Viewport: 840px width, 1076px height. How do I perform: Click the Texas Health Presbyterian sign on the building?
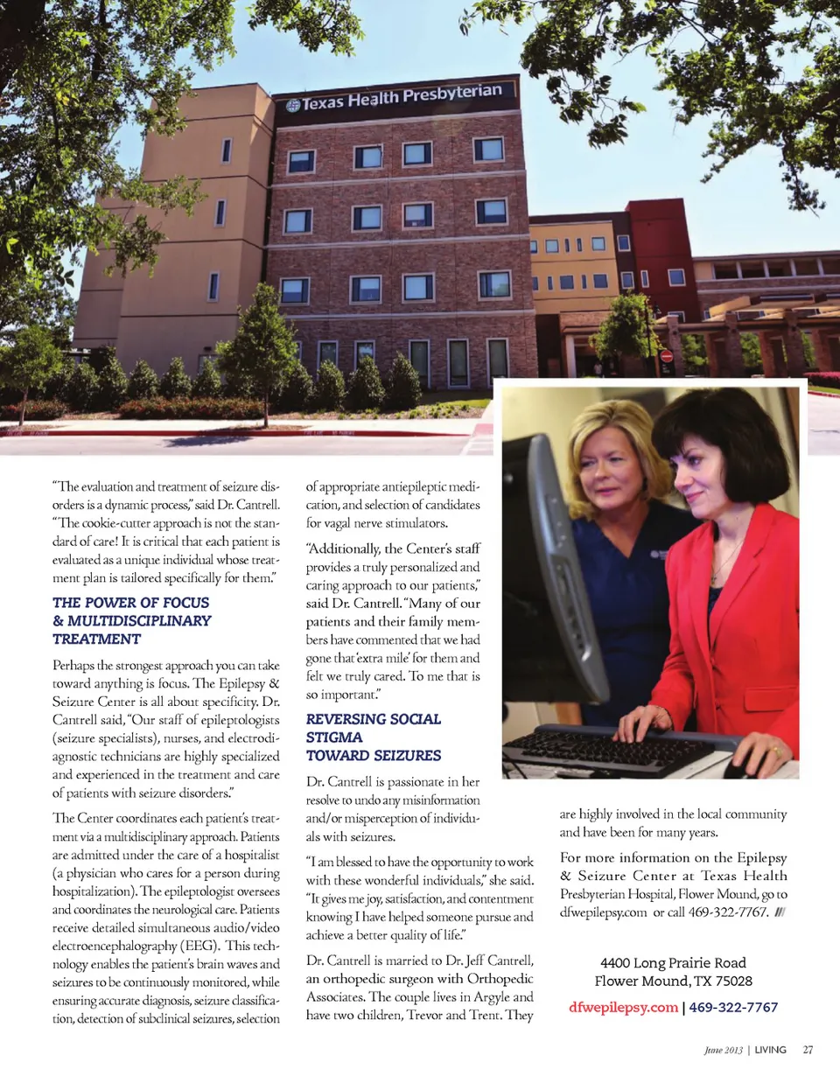pyautogui.click(x=395, y=98)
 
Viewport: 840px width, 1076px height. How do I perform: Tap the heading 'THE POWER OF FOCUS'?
pyautogui.click(x=131, y=603)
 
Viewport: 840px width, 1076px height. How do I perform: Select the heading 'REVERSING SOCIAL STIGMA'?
pyautogui.click(x=374, y=719)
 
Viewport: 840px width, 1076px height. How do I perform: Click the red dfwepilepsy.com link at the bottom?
pyautogui.click(x=623, y=1007)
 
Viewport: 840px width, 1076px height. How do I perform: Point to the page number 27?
pyautogui.click(x=808, y=1050)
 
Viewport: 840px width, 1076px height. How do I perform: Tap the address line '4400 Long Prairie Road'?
pyautogui.click(x=673, y=963)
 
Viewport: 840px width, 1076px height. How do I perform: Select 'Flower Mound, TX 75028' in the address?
pyautogui.click(x=673, y=982)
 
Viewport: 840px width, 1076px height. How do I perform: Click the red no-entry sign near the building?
pyautogui.click(x=666, y=356)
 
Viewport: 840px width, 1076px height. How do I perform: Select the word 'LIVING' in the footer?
pyautogui.click(x=771, y=1050)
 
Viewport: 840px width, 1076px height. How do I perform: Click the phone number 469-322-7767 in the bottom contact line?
pyautogui.click(x=733, y=1007)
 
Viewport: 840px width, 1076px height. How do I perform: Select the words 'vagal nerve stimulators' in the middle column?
pyautogui.click(x=376, y=524)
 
